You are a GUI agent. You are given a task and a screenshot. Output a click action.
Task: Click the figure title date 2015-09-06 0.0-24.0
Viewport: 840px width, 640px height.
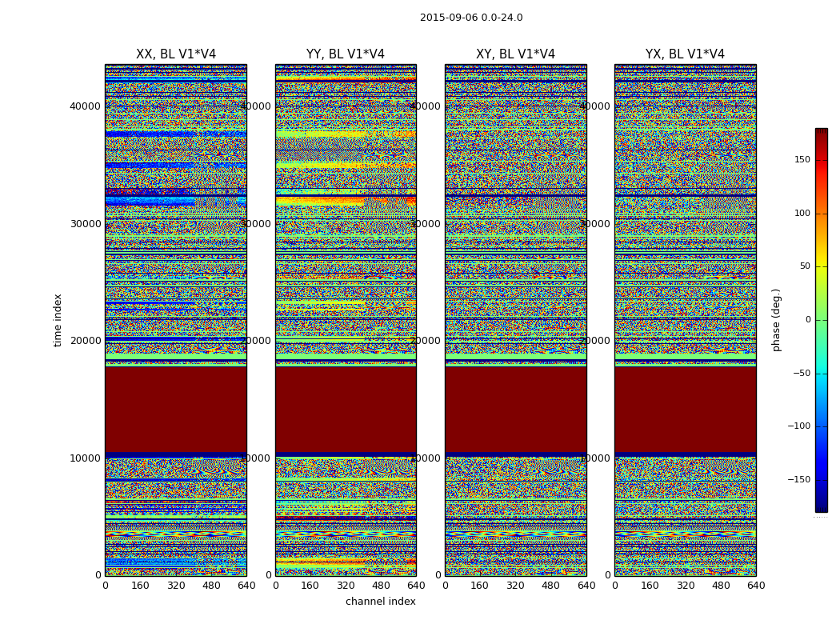(471, 18)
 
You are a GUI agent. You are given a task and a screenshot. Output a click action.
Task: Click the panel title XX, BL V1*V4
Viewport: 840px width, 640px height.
(176, 54)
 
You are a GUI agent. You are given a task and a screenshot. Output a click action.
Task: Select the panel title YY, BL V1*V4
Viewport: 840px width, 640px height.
(346, 54)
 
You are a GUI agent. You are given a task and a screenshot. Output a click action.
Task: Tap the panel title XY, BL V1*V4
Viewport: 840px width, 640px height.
(515, 54)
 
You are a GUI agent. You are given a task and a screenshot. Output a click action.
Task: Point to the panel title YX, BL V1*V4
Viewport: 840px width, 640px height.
(685, 54)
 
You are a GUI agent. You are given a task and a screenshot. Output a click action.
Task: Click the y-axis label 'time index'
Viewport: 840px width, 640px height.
(58, 320)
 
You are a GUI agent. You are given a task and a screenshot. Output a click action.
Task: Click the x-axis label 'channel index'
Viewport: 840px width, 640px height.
(381, 602)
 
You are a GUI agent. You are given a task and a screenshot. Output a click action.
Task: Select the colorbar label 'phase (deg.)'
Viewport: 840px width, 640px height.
(776, 320)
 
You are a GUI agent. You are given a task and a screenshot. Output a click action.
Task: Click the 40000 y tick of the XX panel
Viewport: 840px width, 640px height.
(86, 106)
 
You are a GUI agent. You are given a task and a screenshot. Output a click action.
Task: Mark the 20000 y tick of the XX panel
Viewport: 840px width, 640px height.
(86, 341)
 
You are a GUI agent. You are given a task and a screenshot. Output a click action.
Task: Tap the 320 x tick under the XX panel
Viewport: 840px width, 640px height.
(176, 586)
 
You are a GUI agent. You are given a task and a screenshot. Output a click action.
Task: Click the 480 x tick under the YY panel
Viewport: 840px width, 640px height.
(381, 586)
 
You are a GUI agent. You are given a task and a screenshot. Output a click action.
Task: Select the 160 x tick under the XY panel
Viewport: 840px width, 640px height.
(480, 586)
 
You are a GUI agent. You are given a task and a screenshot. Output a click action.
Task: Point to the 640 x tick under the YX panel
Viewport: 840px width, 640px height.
(755, 586)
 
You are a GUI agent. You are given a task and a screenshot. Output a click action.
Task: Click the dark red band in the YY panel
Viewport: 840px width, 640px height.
(346, 410)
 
